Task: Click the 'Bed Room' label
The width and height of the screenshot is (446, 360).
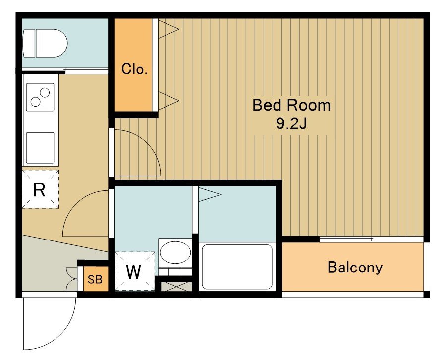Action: [291, 105]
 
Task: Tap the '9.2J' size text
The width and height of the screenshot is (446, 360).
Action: [291, 123]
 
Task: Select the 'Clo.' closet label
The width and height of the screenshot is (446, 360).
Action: [134, 69]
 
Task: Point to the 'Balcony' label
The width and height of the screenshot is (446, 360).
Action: [355, 267]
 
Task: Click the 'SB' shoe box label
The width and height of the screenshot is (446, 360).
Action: [95, 279]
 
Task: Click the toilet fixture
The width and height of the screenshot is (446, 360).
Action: [45, 43]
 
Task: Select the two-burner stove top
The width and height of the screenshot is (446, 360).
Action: [40, 97]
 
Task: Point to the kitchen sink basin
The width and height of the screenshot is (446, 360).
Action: [40, 148]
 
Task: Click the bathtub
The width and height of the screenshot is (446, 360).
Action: [237, 267]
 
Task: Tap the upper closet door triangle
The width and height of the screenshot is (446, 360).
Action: [168, 29]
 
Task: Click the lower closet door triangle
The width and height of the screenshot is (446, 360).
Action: [168, 101]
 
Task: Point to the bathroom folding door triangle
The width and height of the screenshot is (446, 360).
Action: [209, 195]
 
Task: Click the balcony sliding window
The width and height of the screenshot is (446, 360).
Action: [372, 240]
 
